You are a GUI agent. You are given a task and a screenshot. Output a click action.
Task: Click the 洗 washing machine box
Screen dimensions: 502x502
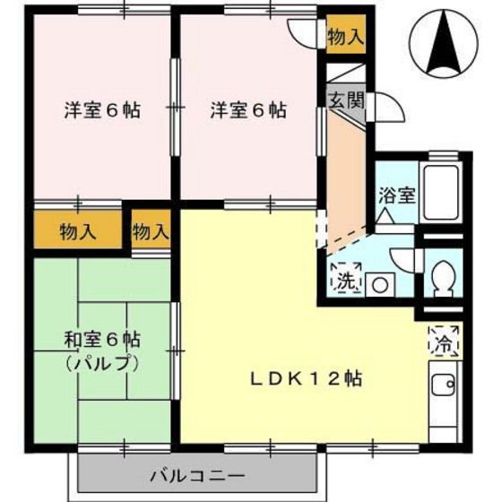click(x=345, y=280)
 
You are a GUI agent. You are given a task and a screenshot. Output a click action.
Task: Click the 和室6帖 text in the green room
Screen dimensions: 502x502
click(x=101, y=341)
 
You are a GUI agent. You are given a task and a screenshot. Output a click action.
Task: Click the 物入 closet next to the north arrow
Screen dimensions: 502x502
click(x=345, y=37)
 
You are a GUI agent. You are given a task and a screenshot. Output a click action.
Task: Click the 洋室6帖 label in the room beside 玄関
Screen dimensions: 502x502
click(x=248, y=112)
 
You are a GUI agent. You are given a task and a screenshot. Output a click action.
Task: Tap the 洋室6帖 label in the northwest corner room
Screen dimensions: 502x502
click(x=101, y=112)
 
